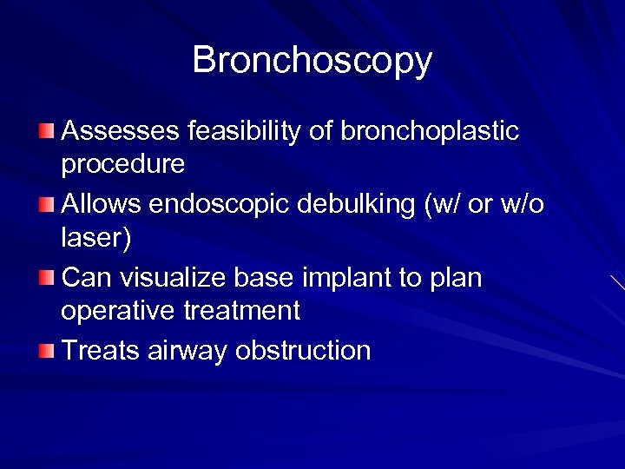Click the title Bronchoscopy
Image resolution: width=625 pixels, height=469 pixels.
(x=312, y=61)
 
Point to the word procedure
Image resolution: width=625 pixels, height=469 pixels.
(x=123, y=163)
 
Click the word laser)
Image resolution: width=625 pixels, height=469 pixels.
(x=96, y=236)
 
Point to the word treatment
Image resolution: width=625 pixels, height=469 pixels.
(x=244, y=309)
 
